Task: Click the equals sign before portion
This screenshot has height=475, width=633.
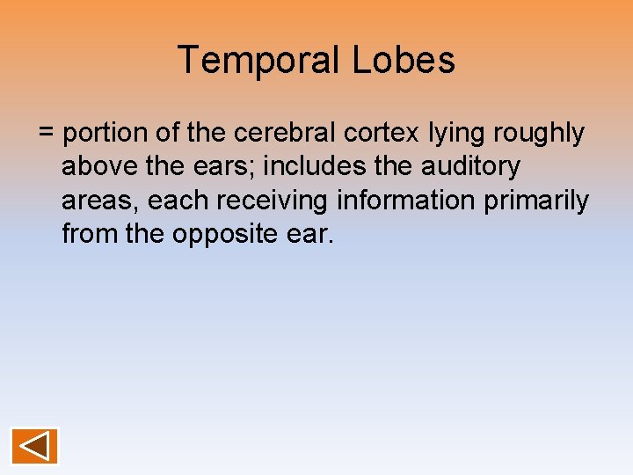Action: pyautogui.click(x=47, y=134)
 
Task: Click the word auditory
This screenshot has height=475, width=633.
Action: pyautogui.click(x=474, y=167)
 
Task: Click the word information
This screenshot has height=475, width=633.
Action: pyautogui.click(x=406, y=201)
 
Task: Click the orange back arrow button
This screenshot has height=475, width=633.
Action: pyautogui.click(x=35, y=446)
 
